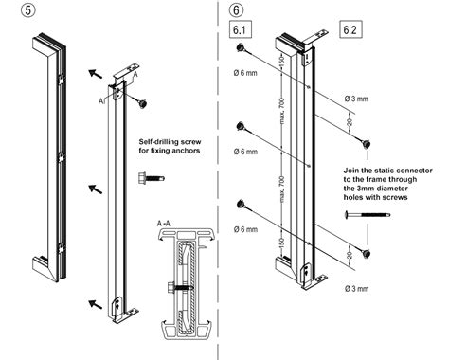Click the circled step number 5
pyautogui.click(x=13, y=13)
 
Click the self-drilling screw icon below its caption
pyautogui.click(x=158, y=177)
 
